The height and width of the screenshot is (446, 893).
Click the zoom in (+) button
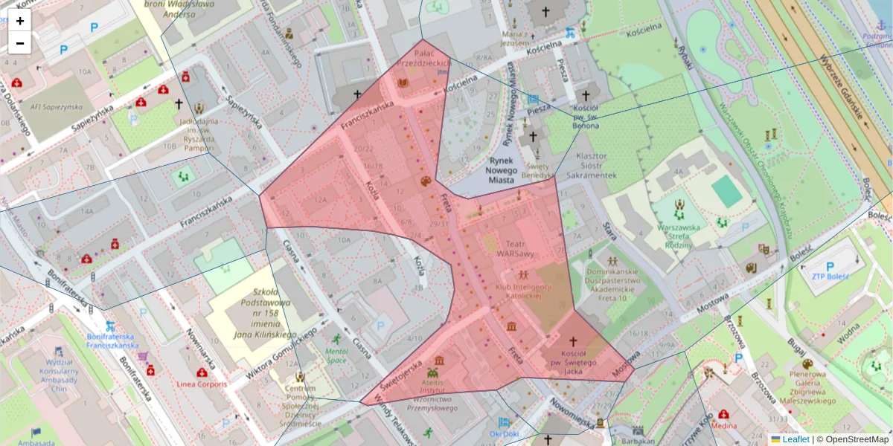coord(20,21)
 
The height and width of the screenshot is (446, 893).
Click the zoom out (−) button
coord(20,43)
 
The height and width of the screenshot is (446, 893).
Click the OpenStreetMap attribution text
coord(856,439)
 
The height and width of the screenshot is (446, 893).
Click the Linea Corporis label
coord(202,384)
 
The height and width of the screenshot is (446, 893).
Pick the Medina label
coord(723,427)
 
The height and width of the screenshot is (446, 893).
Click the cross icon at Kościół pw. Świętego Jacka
coord(573,340)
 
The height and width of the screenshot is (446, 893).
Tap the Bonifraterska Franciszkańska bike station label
coord(112,340)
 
